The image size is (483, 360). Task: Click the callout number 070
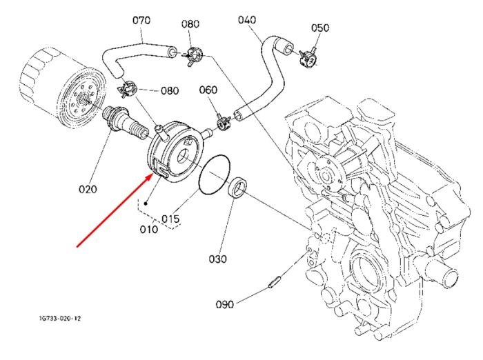[141, 20]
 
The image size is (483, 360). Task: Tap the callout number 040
[247, 20]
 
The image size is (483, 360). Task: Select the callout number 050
[320, 28]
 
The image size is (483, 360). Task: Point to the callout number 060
[208, 90]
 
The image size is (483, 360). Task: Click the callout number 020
[88, 189]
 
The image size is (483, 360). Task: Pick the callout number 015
[170, 219]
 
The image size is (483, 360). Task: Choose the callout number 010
[149, 229]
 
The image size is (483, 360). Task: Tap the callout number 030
[218, 259]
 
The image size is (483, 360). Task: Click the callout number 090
[225, 305]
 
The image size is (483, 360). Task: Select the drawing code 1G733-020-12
[60, 319]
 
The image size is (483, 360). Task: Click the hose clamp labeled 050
[308, 59]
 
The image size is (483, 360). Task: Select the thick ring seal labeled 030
[237, 188]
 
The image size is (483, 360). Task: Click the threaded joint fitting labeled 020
[126, 123]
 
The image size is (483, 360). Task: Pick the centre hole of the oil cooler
[183, 156]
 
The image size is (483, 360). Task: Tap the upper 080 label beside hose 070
[190, 24]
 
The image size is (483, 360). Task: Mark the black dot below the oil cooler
[146, 203]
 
